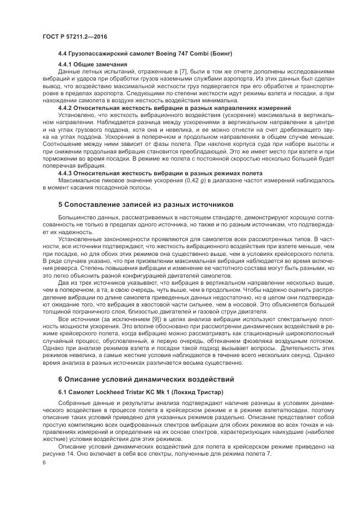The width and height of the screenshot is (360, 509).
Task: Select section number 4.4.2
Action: click(65, 108)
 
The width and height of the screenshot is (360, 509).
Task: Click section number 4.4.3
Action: click(65, 173)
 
